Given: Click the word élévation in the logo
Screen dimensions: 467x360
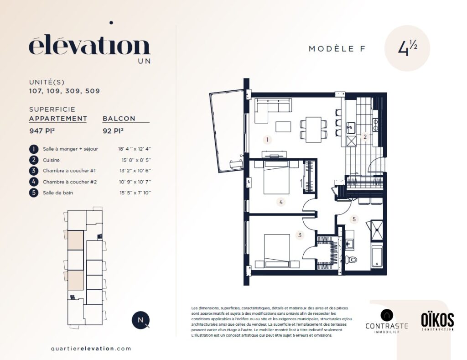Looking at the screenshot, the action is (89, 47).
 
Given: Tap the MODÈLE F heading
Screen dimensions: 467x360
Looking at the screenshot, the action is (337, 48).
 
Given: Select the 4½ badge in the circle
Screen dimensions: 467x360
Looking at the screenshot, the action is (407, 48).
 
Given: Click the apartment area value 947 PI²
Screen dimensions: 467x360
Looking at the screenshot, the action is (42, 130).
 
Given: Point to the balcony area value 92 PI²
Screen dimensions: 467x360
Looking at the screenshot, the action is (113, 130).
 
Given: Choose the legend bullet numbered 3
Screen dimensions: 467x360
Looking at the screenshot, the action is (34, 171).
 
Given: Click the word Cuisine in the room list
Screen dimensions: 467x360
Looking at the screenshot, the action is (51, 160).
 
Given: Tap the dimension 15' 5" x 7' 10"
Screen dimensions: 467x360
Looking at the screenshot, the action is (135, 193).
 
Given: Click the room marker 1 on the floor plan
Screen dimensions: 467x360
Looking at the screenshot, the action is (267, 140).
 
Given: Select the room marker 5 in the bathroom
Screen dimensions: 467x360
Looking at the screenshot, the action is (354, 219).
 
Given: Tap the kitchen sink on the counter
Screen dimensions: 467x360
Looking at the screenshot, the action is (351, 128).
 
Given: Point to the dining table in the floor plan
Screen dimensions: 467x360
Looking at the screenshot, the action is (314, 129).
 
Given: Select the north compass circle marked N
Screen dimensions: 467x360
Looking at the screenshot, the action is (140, 320).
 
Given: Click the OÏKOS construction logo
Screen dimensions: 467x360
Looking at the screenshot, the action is (437, 321).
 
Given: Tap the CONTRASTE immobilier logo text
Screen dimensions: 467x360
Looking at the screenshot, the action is (387, 326).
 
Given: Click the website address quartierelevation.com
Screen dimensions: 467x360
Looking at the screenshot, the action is (91, 349).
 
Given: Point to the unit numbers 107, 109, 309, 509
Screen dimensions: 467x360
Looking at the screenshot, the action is (64, 91).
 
